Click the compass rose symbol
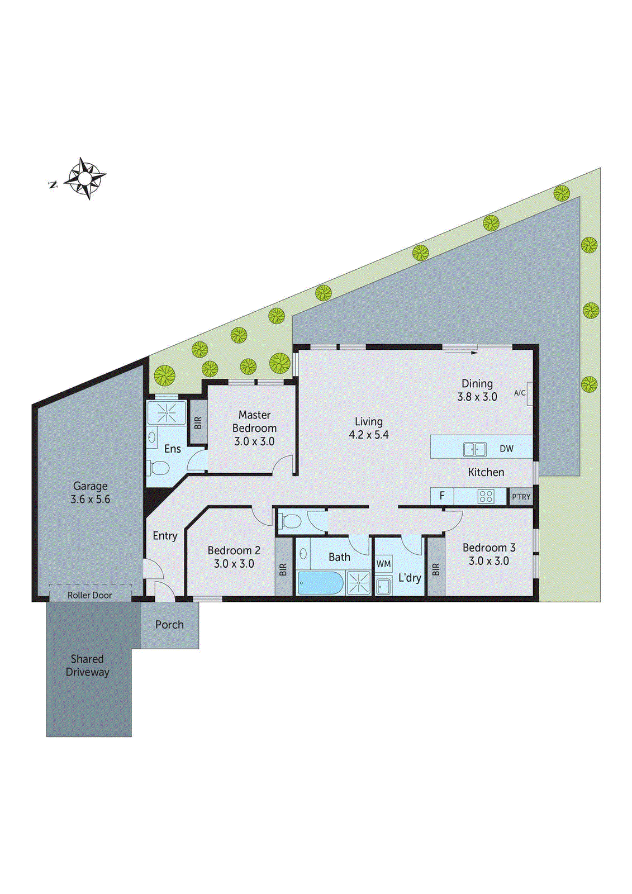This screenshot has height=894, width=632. point(84,178)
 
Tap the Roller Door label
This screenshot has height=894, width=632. point(89,595)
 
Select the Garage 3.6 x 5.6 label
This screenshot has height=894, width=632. point(90,493)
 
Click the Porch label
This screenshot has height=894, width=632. point(169,625)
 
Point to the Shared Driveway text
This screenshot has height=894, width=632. point(87,665)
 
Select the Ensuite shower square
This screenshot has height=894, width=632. point(166,413)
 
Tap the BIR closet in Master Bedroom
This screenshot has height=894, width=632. point(197,422)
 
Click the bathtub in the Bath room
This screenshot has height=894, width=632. point(319,583)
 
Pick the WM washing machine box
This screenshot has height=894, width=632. point(383,564)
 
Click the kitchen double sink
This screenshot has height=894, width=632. point(474,449)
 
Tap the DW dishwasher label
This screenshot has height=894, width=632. point(506,449)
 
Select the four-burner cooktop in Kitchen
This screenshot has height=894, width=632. point(486,496)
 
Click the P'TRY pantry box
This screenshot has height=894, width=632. point(521,496)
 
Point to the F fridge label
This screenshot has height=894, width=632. point(442,496)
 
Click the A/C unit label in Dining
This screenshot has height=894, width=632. point(520,393)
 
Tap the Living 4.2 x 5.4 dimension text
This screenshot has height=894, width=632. point(369,435)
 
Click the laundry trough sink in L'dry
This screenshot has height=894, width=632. point(383,586)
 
